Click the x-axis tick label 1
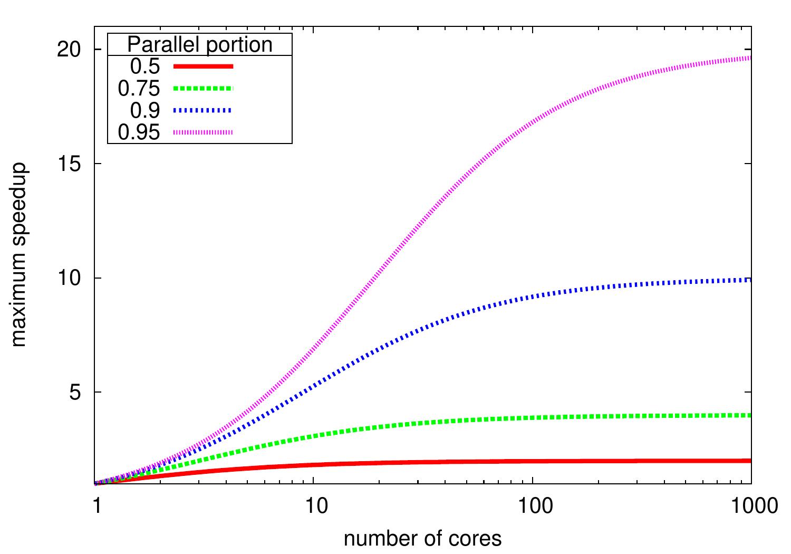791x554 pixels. pyautogui.click(x=95, y=505)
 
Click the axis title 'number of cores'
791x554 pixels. pyautogui.click(x=422, y=539)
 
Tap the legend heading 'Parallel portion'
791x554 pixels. pyautogui.click(x=200, y=44)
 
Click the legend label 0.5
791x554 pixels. pyautogui.click(x=145, y=66)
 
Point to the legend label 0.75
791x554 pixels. pyautogui.click(x=139, y=89)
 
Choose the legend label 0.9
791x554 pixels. pyautogui.click(x=145, y=110)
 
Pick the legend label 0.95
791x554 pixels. pyautogui.click(x=139, y=132)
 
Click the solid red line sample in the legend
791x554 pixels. pyautogui.click(x=203, y=66)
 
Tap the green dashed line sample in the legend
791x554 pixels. pyautogui.click(x=203, y=89)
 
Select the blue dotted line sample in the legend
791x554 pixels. pyautogui.click(x=203, y=110)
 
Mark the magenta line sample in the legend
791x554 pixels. pyautogui.click(x=203, y=132)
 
